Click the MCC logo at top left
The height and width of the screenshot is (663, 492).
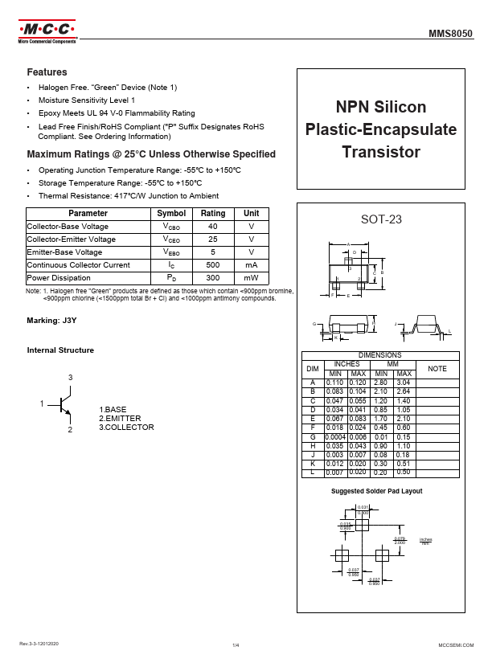(46, 33)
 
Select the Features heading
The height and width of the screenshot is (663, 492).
(47, 72)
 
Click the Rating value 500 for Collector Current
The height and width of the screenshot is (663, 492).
(213, 265)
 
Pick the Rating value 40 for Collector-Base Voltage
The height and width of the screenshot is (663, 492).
(213, 227)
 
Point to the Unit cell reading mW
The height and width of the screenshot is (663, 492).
(252, 278)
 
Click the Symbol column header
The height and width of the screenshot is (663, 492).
(171, 214)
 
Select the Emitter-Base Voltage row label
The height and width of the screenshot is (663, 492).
(64, 252)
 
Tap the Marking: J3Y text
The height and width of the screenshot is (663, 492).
(51, 321)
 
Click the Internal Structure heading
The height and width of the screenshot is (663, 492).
(60, 350)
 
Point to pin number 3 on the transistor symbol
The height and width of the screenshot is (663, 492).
(70, 378)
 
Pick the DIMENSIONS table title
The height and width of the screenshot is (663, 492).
(380, 354)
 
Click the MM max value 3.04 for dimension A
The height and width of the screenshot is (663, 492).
(404, 383)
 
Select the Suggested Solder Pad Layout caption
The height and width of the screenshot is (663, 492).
(377, 491)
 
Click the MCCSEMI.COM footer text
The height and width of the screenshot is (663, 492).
(457, 645)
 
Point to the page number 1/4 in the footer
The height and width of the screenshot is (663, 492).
(236, 645)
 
